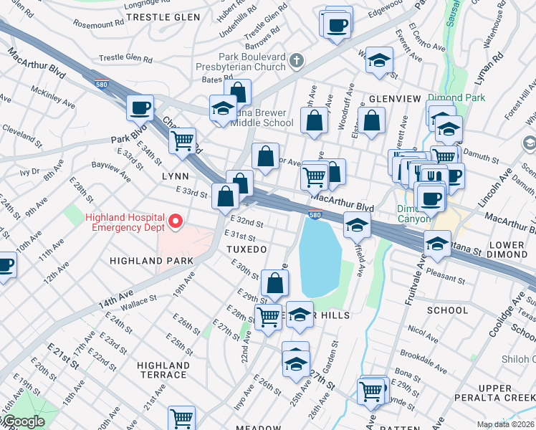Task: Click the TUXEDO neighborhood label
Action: coord(247,249)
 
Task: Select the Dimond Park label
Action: coord(456,97)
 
